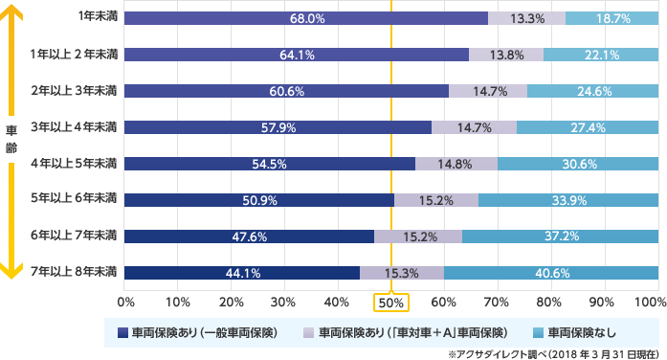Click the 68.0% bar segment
306,18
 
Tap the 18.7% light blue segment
611,18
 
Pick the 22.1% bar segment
601,55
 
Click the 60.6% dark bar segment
286,91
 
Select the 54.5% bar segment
270,164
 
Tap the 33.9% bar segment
568,200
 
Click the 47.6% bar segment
249,236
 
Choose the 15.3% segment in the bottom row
402,273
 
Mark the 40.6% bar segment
551,273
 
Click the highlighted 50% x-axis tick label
391,303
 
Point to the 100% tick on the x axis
652,302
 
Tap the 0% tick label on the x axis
125,302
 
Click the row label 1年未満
98,18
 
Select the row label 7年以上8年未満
75,273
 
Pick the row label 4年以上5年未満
75,164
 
